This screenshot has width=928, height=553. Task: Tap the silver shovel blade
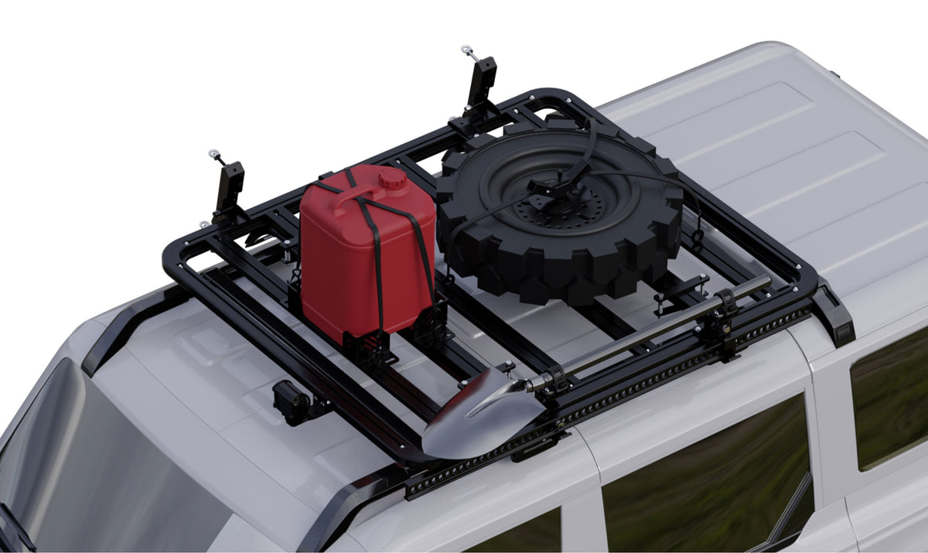click(472, 418)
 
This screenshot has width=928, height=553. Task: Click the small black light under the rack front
click(291, 401)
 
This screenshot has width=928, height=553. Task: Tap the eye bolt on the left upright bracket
click(213, 155)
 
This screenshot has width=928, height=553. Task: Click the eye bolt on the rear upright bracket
click(466, 51)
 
